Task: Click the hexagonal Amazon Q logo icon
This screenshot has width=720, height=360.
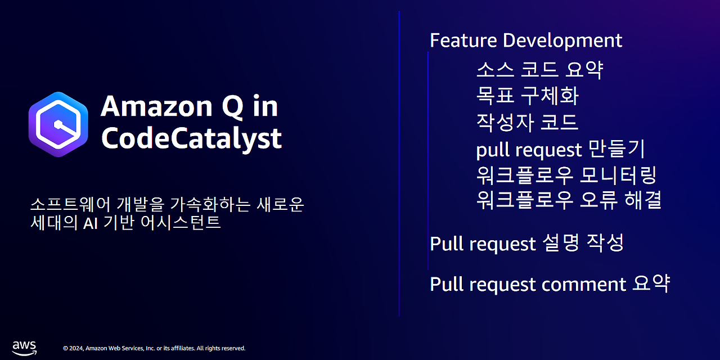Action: click(x=58, y=124)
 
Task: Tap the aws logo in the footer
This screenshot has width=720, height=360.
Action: click(x=24, y=349)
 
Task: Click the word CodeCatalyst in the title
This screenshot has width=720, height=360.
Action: click(x=192, y=138)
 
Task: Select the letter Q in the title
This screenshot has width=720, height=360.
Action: click(x=232, y=107)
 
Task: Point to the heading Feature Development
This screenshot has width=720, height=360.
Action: click(x=526, y=40)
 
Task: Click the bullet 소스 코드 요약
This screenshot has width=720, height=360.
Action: click(x=539, y=69)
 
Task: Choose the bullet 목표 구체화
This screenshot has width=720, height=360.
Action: click(x=528, y=96)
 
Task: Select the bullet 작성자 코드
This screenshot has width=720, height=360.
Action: click(x=527, y=123)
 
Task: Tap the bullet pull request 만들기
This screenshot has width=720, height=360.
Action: click(x=561, y=150)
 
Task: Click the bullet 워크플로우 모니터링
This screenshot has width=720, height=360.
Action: click(x=566, y=175)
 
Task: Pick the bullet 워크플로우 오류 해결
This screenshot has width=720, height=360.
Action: click(x=569, y=200)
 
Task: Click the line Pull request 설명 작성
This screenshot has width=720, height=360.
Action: click(x=527, y=244)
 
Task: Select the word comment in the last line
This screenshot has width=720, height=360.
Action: click(x=584, y=285)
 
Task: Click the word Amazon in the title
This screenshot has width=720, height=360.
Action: click(x=156, y=107)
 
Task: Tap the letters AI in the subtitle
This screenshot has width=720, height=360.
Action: click(x=91, y=223)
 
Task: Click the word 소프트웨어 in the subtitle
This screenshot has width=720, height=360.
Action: click(x=71, y=204)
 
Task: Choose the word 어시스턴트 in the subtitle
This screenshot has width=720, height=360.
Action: click(x=181, y=222)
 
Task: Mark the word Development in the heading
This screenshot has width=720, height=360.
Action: click(x=562, y=40)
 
